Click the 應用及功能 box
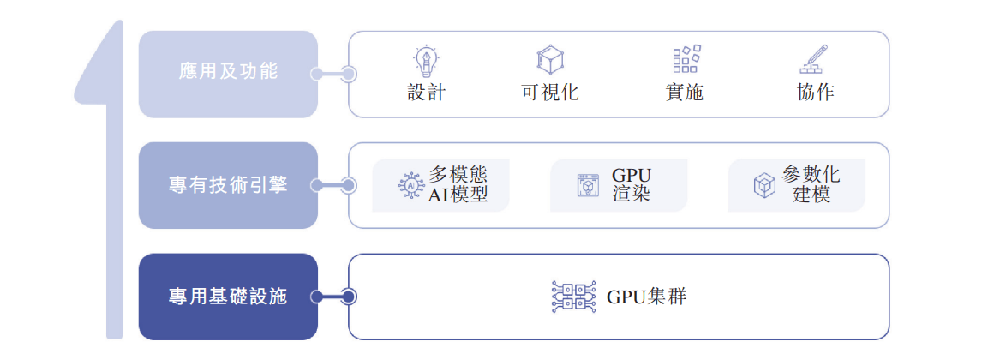click(228, 74)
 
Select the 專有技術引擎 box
click(228, 185)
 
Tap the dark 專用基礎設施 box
click(228, 297)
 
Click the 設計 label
click(426, 93)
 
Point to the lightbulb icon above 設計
click(426, 60)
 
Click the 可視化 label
click(549, 93)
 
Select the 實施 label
click(684, 93)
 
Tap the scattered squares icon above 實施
click(686, 59)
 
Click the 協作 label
click(815, 93)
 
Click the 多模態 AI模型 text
click(458, 184)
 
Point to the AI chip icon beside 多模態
click(411, 185)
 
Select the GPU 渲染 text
click(632, 184)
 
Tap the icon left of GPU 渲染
click(588, 185)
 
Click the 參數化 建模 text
click(811, 184)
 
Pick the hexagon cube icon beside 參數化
click(764, 185)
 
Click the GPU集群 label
click(647, 297)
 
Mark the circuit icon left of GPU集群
click(573, 297)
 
